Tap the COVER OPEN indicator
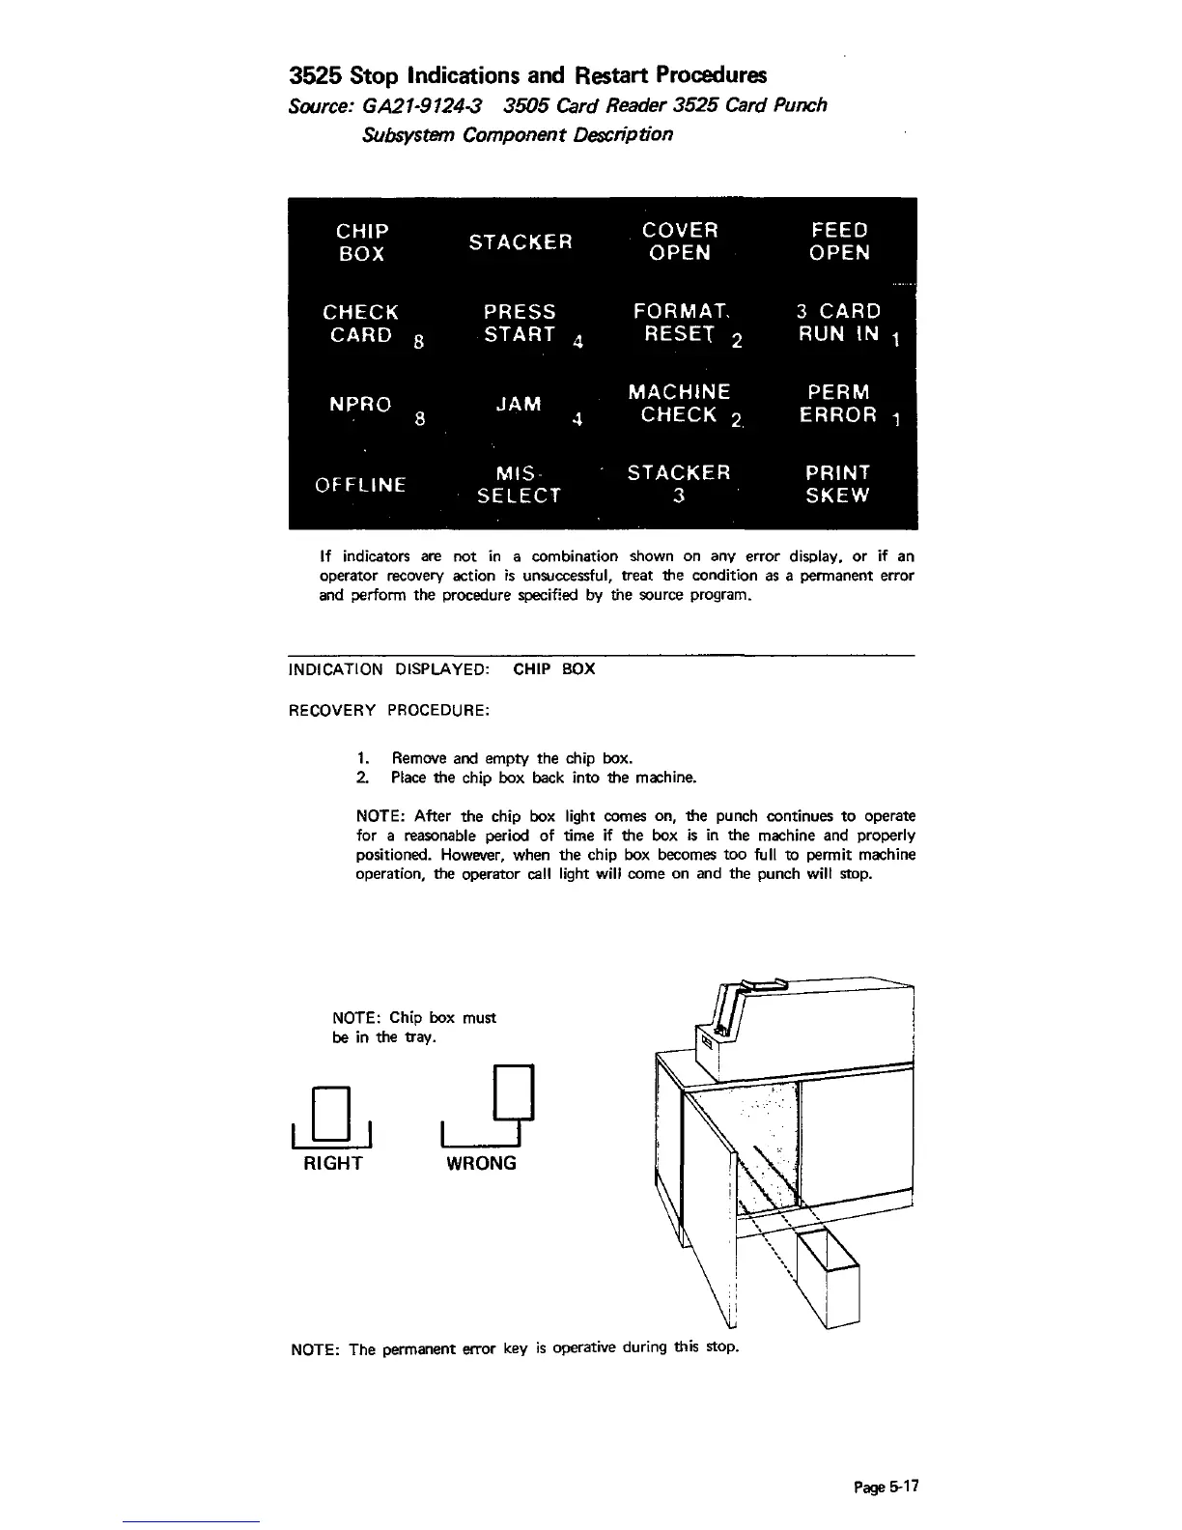click(x=680, y=241)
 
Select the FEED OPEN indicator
click(x=839, y=241)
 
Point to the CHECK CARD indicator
click(x=361, y=324)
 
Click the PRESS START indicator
click(x=520, y=324)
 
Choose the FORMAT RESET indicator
click(x=681, y=324)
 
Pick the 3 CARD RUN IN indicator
click(x=839, y=323)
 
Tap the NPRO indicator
click(x=361, y=405)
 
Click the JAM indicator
click(x=519, y=404)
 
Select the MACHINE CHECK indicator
click(x=680, y=404)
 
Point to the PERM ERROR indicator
click(x=839, y=404)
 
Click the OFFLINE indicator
click(x=361, y=485)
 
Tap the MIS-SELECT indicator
click(x=519, y=485)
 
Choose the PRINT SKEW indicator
click(x=838, y=485)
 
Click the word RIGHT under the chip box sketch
click(x=333, y=1164)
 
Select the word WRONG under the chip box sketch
click(x=481, y=1164)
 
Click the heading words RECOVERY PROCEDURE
click(x=390, y=711)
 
